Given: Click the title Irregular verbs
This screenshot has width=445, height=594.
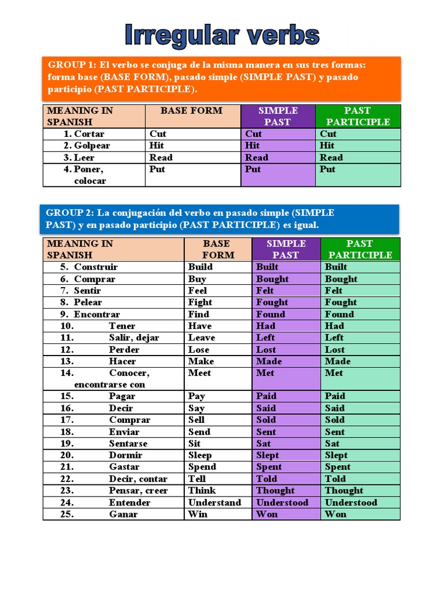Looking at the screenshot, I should pos(222,35).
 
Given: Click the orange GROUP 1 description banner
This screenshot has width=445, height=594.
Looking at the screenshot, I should pos(222,78).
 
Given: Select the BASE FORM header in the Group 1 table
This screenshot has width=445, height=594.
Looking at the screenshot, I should pos(191,111).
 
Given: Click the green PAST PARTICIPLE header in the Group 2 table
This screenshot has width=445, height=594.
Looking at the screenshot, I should pos(360,249).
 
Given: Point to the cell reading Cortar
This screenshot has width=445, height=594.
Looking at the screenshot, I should pos(89,134).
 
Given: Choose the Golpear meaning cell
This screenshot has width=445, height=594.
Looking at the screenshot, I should pos(92,146).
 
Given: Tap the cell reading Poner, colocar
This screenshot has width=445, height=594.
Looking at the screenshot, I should pos(90,175).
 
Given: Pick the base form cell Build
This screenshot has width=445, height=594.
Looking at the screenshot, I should pos(200,267).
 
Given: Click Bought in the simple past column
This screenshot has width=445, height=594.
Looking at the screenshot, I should pos(272,279).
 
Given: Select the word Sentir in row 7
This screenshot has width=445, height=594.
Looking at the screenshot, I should pos(87,291).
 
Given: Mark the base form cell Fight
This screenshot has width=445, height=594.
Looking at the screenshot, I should pos(200,302).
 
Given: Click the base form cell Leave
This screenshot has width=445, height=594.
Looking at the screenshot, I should pos(202,338).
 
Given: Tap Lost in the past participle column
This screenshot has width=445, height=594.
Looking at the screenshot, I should pos(335,350).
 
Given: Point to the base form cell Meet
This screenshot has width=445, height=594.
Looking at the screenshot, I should pos(200,373).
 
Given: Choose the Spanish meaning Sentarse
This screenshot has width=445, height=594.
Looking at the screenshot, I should pos(128,444).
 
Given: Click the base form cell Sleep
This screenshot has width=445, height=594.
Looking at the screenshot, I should pos(200,455).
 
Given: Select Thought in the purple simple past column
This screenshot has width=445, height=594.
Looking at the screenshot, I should pos(275,491).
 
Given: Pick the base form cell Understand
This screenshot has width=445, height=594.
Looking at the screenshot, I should pos(214,502).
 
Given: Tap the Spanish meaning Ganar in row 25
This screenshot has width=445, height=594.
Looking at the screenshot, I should pos(123,515).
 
